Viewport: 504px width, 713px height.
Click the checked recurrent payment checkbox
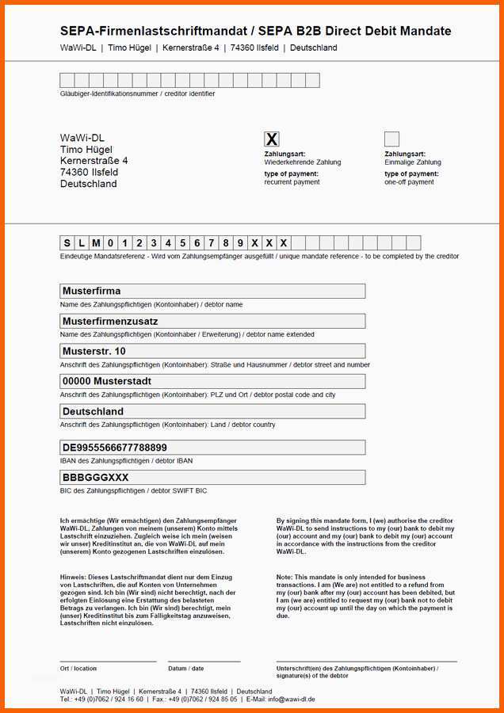pyautogui.click(x=272, y=139)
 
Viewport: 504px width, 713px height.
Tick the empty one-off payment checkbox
pyautogui.click(x=391, y=139)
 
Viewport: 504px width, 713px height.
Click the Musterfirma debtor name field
pyautogui.click(x=212, y=291)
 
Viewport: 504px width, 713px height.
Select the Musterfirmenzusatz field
pyautogui.click(x=212, y=321)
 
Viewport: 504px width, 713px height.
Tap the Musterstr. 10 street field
pyautogui.click(x=212, y=351)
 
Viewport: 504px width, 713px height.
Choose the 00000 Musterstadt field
pyautogui.click(x=212, y=381)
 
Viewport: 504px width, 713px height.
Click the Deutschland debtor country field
pyautogui.click(x=212, y=411)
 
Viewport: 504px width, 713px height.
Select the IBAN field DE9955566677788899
pyautogui.click(x=212, y=448)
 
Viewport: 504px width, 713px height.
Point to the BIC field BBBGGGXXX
pyautogui.click(x=212, y=478)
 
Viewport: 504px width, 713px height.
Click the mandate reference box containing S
pyautogui.click(x=67, y=243)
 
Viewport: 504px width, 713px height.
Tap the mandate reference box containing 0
pyautogui.click(x=110, y=243)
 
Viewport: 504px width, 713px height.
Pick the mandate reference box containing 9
pyautogui.click(x=240, y=243)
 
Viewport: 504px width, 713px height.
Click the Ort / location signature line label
pyautogui.click(x=78, y=669)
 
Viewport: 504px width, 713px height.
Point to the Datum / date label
pyautogui.click(x=185, y=669)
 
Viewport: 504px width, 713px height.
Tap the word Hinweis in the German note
pyautogui.click(x=71, y=578)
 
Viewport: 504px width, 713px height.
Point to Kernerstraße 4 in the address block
pyautogui.click(x=94, y=161)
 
